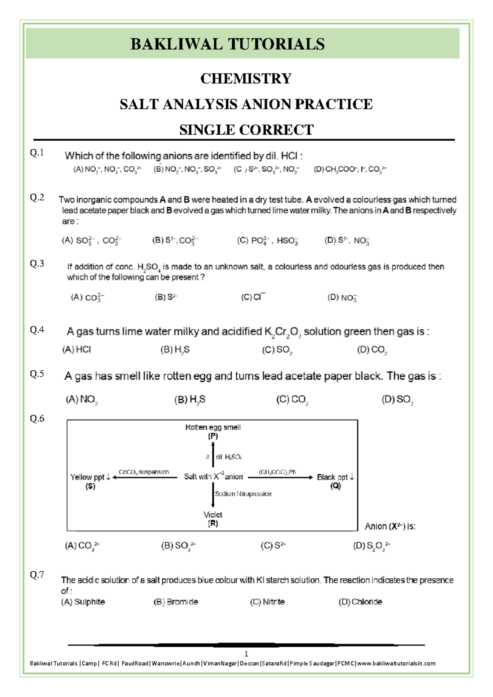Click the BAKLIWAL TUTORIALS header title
pyautogui.click(x=227, y=44)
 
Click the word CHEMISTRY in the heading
pyautogui.click(x=246, y=78)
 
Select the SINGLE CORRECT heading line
pyautogui.click(x=246, y=130)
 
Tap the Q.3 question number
pyautogui.click(x=37, y=264)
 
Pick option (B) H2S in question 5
pyautogui.click(x=189, y=399)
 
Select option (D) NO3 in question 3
pyautogui.click(x=342, y=298)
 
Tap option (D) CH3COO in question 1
pyautogui.click(x=350, y=169)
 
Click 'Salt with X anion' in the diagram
pyautogui.click(x=213, y=477)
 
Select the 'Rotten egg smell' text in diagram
pyautogui.click(x=213, y=427)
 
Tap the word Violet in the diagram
pyautogui.click(x=212, y=515)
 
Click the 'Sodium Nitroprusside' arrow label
pyautogui.click(x=243, y=494)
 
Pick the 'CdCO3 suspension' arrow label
pyautogui.click(x=144, y=472)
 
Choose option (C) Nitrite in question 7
pyautogui.click(x=267, y=602)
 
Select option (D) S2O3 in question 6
pyautogui.click(x=371, y=546)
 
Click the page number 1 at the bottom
pyautogui.click(x=246, y=654)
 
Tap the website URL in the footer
pyautogui.click(x=396, y=663)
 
